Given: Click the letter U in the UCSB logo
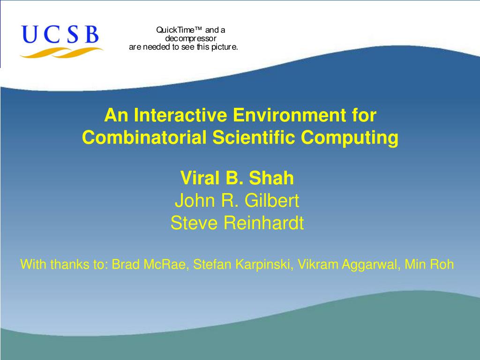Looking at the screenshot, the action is (x=30, y=34).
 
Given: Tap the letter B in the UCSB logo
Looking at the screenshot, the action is (x=91, y=34).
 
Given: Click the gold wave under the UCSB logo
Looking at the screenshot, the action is (x=61, y=52).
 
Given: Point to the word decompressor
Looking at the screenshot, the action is (x=191, y=38).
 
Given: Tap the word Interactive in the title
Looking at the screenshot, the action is (x=180, y=115).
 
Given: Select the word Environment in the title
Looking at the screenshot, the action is (x=289, y=115).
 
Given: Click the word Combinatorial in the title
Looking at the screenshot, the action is (x=144, y=137).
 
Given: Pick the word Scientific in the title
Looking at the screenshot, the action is (x=254, y=137).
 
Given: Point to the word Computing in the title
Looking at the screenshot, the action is (x=350, y=138).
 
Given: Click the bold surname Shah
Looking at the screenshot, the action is (x=271, y=178).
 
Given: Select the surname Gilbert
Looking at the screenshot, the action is (x=271, y=201).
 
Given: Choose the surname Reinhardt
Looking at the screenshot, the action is (x=263, y=223).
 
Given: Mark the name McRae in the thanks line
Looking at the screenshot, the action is (x=165, y=264).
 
